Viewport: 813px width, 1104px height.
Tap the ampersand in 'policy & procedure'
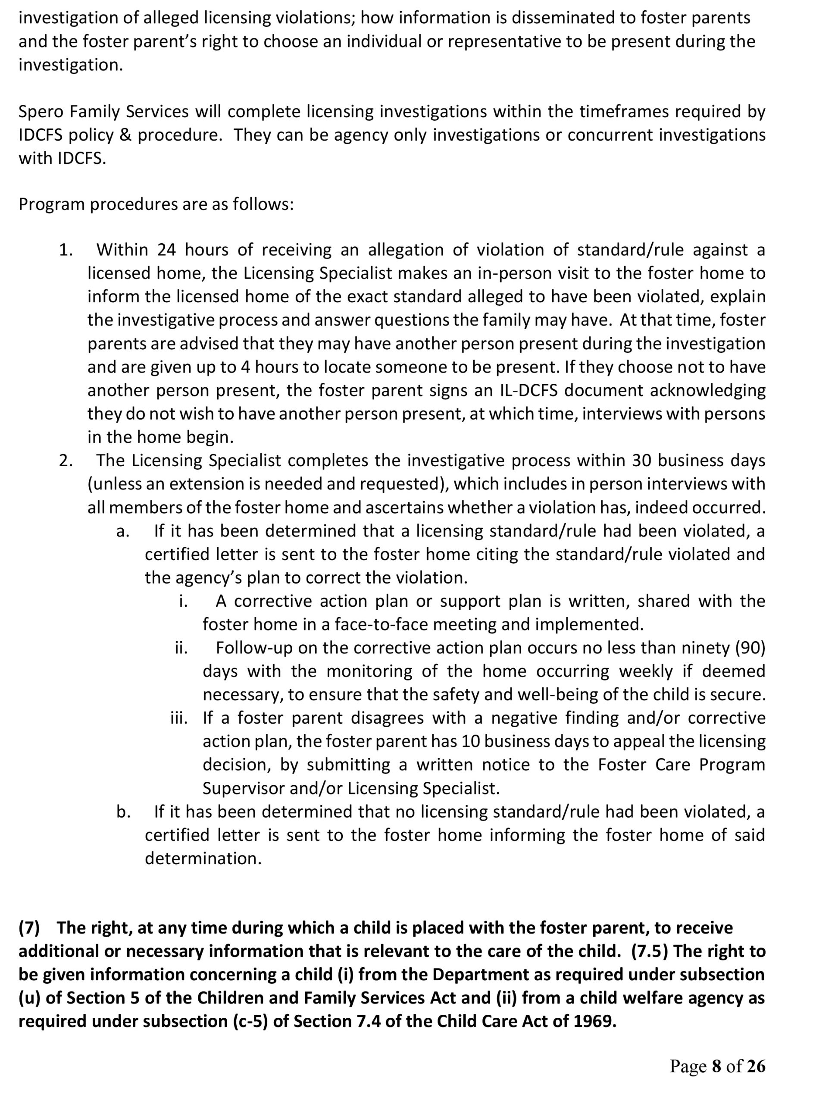125,135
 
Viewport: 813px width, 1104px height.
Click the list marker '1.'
66,250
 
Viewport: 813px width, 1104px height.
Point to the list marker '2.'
66,461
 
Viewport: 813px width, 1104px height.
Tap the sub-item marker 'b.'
123,812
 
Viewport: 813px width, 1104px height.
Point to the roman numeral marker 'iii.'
179,718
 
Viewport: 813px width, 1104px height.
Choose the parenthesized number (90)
750,648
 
